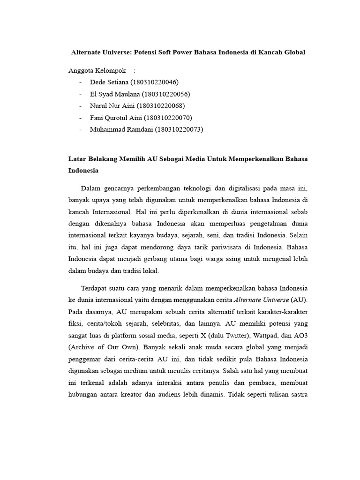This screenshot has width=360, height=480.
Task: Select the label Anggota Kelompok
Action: coord(97,71)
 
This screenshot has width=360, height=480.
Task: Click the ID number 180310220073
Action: coord(179,129)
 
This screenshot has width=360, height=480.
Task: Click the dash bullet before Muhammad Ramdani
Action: coord(81,129)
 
